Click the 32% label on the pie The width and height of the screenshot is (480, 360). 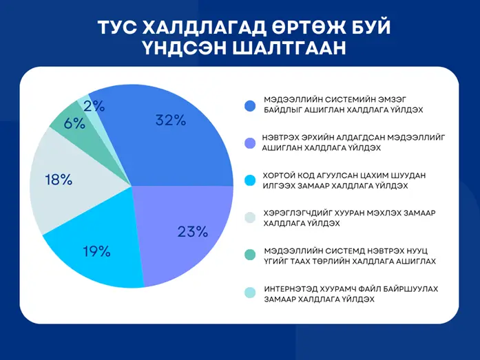[x=171, y=120]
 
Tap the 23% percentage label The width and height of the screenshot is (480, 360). [x=193, y=232]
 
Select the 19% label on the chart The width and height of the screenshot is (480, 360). [x=96, y=251]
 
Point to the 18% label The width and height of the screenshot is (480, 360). [x=59, y=180]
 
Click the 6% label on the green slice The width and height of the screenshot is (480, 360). [x=74, y=124]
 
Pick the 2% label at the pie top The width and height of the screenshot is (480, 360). [x=94, y=106]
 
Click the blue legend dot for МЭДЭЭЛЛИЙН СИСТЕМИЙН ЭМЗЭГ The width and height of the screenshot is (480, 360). [x=250, y=106]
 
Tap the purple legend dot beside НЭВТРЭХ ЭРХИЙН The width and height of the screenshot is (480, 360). [x=251, y=143]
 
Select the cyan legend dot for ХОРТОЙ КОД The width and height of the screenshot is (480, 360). [x=250, y=180]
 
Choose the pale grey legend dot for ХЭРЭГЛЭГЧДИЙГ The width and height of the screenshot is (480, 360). [x=250, y=218]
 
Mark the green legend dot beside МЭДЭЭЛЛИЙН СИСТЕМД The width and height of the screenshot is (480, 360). [x=250, y=255]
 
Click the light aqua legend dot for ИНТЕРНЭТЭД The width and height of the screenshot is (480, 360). [x=250, y=293]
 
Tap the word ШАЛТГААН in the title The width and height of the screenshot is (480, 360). [x=289, y=48]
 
